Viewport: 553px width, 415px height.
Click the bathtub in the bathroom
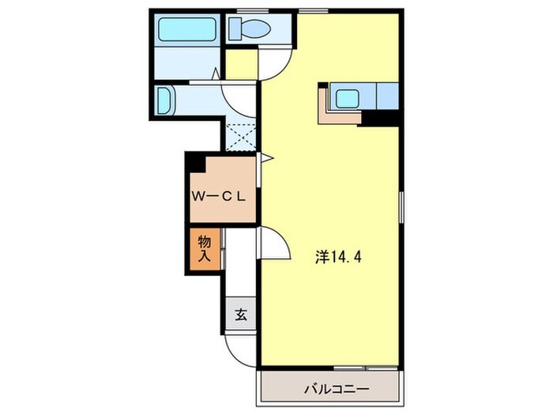187,29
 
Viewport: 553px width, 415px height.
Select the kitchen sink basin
348,99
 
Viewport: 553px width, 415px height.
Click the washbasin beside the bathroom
164,100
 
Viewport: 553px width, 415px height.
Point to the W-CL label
218,197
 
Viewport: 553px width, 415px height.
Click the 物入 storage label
204,248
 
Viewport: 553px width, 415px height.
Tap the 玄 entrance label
241,315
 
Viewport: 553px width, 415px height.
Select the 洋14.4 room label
338,257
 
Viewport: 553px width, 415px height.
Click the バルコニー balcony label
337,390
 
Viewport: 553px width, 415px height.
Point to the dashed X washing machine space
241,138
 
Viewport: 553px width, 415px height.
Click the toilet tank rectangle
235,29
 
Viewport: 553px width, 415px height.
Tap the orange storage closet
205,249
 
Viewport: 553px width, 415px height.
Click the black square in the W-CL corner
196,163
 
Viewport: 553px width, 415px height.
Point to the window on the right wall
401,207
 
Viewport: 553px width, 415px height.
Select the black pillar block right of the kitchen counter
380,119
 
